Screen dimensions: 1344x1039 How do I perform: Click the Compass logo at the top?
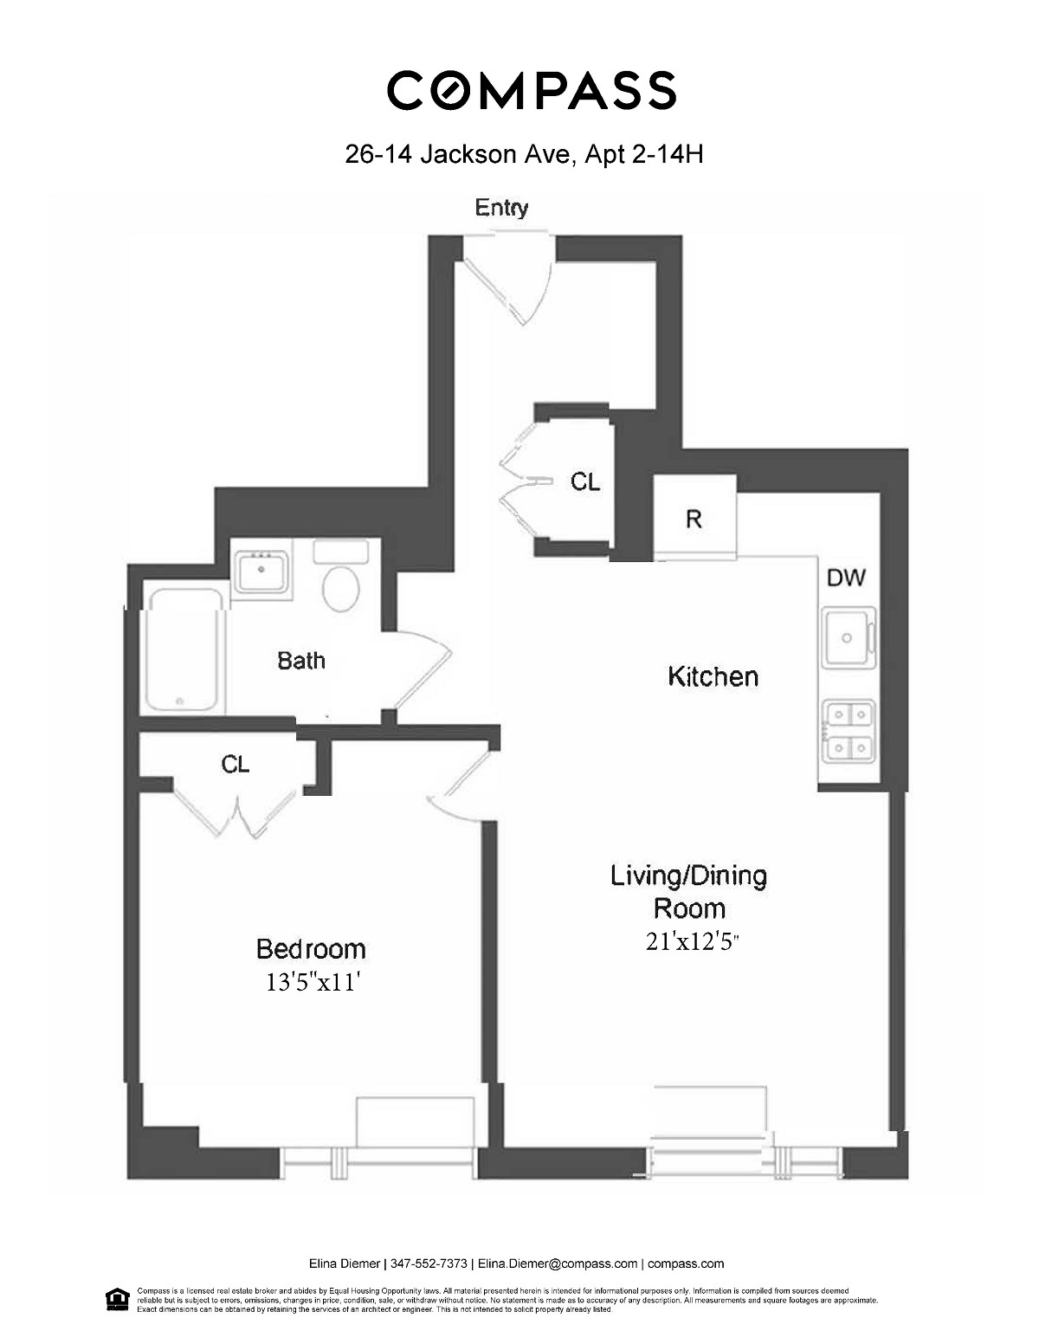[531, 91]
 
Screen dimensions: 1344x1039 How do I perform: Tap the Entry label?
[501, 208]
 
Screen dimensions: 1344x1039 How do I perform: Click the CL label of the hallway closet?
[585, 482]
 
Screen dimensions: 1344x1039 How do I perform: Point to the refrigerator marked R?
[694, 518]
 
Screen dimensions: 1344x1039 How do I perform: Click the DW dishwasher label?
[846, 578]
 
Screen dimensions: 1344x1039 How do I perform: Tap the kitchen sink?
[848, 637]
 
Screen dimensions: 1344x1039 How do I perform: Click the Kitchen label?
[713, 676]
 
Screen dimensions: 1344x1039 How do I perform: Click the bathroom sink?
[261, 572]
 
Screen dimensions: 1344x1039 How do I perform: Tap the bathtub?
[184, 649]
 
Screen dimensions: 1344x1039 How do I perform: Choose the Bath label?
[301, 661]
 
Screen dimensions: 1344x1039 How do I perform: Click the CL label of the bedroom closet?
[236, 765]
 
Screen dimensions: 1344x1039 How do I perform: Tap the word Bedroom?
[311, 949]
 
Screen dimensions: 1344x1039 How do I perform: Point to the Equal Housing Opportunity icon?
[114, 1299]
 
